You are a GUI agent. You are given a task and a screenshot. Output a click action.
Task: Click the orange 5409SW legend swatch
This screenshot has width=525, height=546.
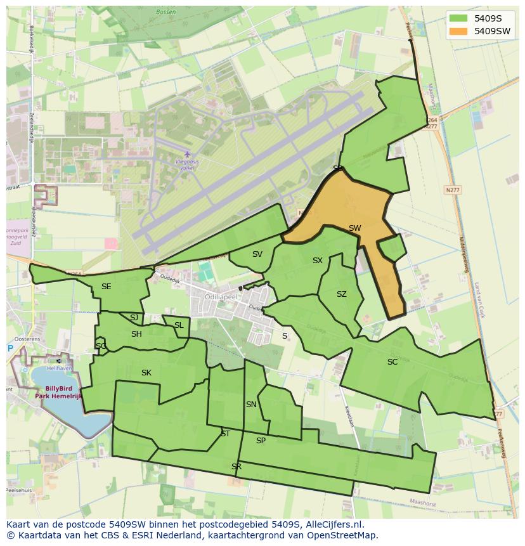coord(458,30)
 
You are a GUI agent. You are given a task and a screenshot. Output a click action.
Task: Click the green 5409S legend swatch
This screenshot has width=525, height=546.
coord(458,17)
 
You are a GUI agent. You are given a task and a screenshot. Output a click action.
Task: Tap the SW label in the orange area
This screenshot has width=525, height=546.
coord(354,228)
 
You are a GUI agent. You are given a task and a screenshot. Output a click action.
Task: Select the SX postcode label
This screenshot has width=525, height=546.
coord(318,261)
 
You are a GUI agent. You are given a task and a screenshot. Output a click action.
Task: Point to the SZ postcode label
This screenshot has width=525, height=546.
coord(342,294)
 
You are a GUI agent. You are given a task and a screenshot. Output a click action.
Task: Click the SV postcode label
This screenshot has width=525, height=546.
coord(257,254)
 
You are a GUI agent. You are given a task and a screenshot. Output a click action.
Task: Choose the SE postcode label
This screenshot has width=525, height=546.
coord(106,287)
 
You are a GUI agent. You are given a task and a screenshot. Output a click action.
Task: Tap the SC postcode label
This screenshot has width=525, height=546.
coord(392,362)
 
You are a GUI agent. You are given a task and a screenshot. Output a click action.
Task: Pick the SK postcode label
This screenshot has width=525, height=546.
coord(146,373)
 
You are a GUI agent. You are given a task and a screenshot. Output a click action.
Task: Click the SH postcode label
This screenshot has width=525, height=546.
coord(136,334)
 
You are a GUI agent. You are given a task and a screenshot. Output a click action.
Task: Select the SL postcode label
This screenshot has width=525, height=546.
coord(179,325)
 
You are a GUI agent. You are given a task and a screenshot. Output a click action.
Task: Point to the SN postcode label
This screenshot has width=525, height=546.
coord(251,405)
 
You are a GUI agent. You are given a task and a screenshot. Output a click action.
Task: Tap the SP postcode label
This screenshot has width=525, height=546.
coord(261,441)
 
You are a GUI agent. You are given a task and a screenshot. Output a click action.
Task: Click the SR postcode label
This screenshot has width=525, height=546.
coord(237,467)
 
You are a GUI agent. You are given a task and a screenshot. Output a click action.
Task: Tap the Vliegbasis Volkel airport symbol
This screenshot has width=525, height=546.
coord(186,154)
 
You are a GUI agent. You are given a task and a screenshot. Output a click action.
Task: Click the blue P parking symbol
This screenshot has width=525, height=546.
coord(10,348)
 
